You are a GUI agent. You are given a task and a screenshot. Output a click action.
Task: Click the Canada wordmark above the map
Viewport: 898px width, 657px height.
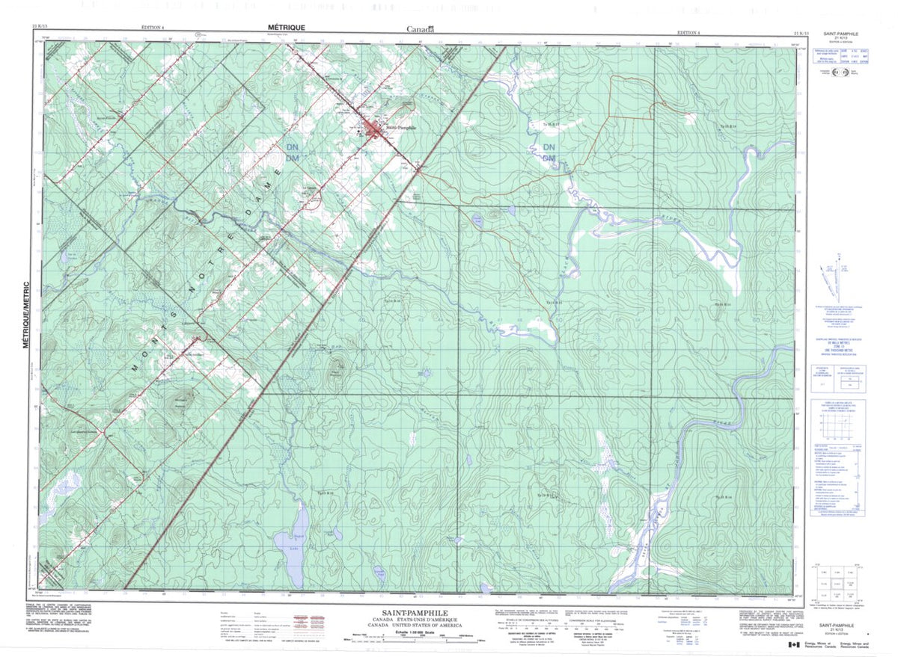point(420,28)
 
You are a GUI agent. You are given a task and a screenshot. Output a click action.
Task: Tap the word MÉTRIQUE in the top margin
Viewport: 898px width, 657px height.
point(285,26)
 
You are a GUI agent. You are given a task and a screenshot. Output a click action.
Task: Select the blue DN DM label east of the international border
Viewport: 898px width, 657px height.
point(549,152)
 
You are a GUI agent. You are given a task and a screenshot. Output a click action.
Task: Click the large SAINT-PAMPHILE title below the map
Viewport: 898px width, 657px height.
point(411,611)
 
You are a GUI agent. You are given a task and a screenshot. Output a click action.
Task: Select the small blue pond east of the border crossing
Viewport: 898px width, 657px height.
point(476,220)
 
